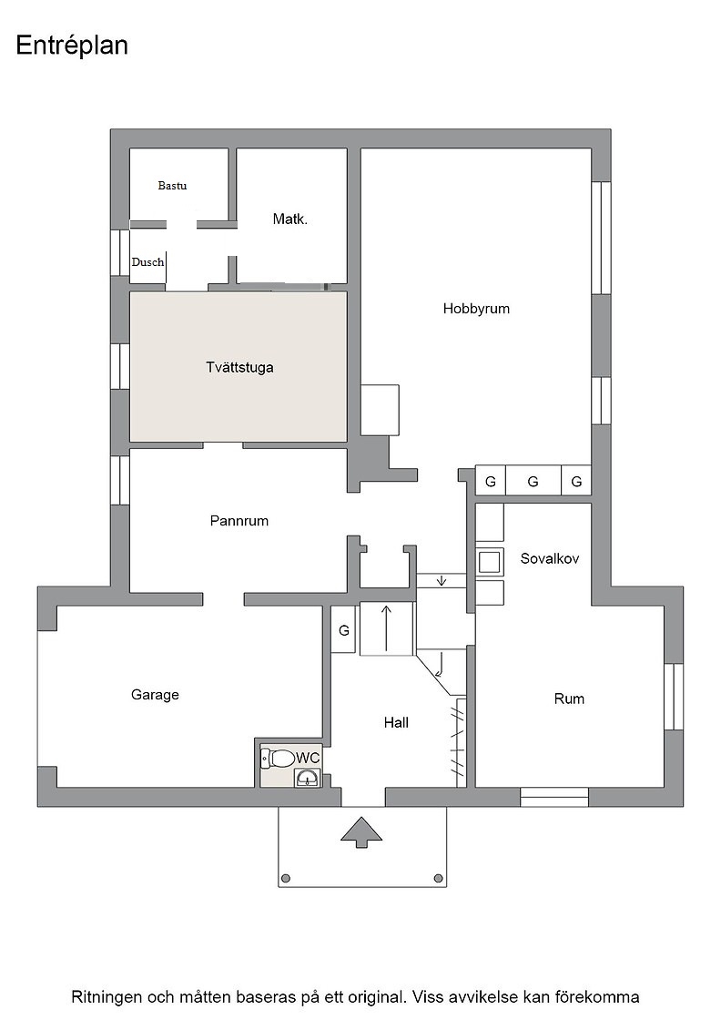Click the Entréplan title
coord(72,46)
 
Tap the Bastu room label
coord(172,186)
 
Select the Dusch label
coord(147,262)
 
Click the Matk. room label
coord(290,219)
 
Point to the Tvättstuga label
coord(239,368)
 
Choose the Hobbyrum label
coord(476,309)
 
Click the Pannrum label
coord(239,520)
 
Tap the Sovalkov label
coord(549,558)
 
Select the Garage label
coord(155,695)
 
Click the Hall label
coord(396,722)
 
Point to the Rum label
coord(569,699)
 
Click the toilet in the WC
coord(277,758)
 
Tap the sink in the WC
coord(308,778)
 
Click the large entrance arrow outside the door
coord(361,832)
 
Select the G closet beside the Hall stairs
coord(344,629)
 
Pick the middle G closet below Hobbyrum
coord(533,482)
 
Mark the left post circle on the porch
coord(286,878)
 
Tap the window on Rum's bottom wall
coord(554,798)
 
